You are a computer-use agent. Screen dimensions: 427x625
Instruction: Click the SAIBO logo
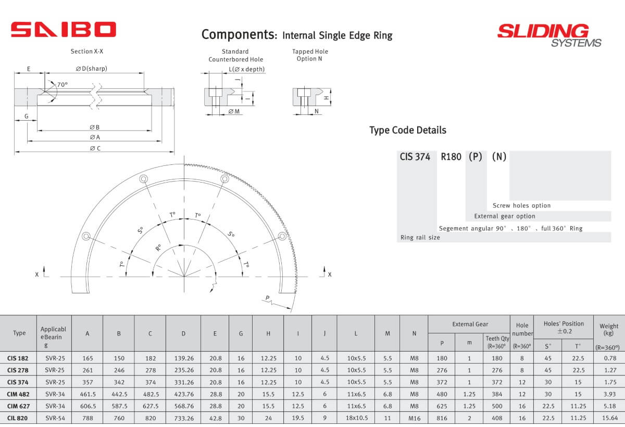pos(63,30)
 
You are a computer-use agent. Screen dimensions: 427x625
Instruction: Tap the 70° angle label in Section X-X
pos(63,85)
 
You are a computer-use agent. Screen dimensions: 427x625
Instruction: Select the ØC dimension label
pos(94,149)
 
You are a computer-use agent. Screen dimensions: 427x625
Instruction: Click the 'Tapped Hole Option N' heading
pos(310,55)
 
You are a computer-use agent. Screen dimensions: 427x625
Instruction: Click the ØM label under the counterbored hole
pos(234,112)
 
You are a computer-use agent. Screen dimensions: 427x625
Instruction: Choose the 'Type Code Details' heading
pos(407,130)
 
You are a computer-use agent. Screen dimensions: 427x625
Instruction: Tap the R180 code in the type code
pos(451,157)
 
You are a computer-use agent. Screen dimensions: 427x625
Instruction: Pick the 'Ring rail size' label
pos(420,238)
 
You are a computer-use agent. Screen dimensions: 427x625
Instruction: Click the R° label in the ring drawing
pos(158,248)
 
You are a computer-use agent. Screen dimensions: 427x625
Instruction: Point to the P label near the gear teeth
pos(267,298)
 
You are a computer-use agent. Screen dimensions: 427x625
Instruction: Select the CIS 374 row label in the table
pos(18,381)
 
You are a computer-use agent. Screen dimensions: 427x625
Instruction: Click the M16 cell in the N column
pos(414,418)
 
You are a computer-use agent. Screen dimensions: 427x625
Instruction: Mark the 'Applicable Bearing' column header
pos(54,337)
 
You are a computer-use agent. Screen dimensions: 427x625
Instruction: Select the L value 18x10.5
pos(356,418)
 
